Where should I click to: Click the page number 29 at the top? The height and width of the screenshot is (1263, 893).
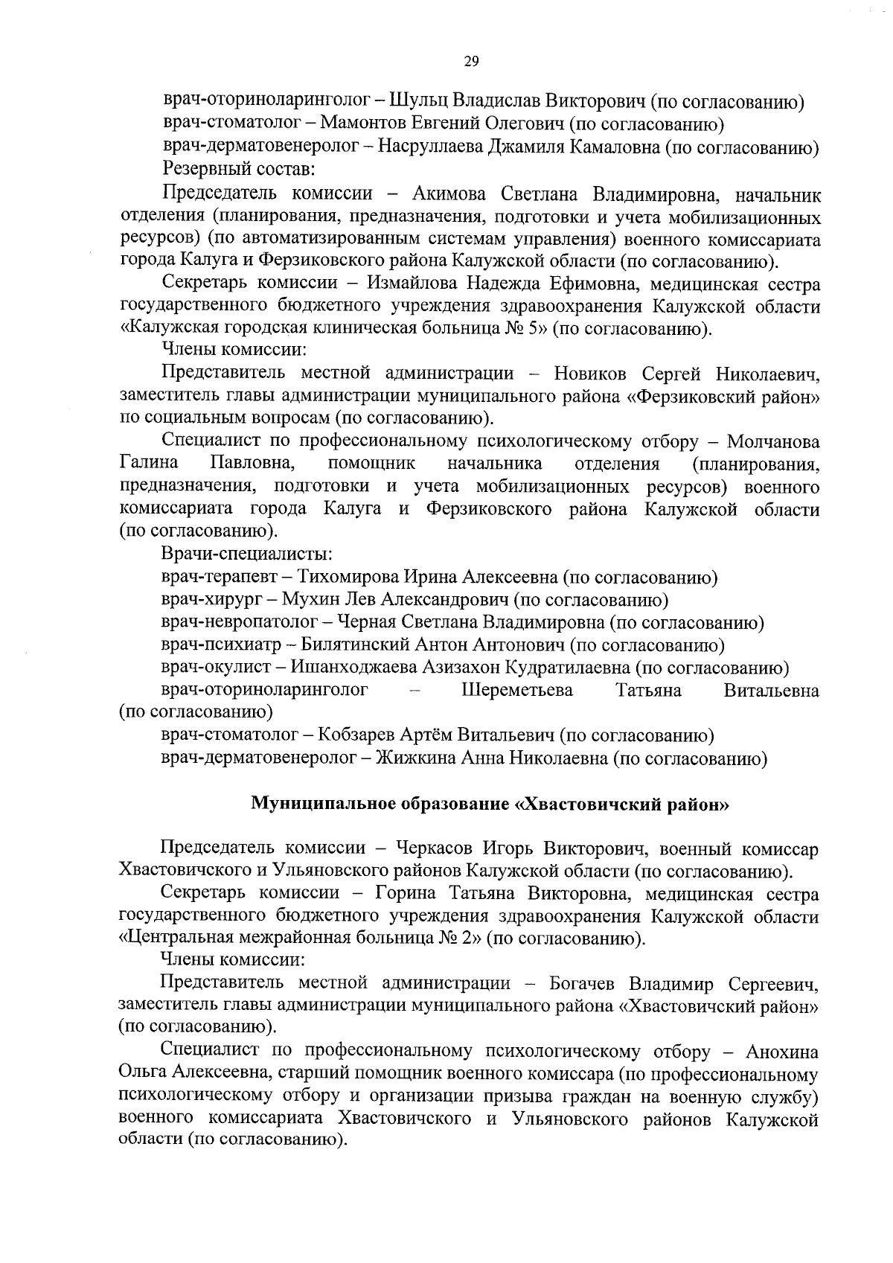coord(470,62)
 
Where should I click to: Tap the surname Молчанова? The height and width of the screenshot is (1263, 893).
coord(773,442)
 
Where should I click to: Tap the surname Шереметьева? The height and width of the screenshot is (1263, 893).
coord(517,691)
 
